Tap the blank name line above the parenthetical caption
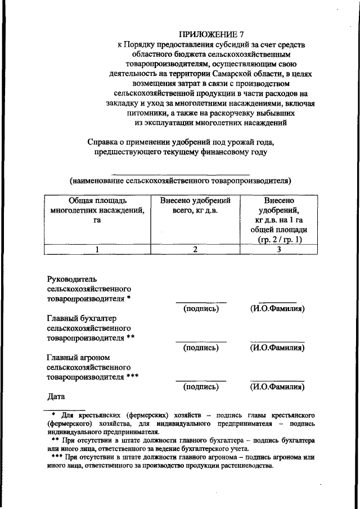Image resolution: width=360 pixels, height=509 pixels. [x=181, y=174]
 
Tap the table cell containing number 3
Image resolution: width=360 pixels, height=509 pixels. [x=279, y=250]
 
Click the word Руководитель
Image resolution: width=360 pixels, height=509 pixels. [x=73, y=278]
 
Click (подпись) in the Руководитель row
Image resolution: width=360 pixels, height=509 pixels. [x=201, y=309]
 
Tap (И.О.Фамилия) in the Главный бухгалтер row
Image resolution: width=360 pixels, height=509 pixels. [x=277, y=348]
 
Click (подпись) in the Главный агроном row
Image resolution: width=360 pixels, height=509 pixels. [x=201, y=387]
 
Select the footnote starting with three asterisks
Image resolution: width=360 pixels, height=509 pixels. [x=180, y=462]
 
